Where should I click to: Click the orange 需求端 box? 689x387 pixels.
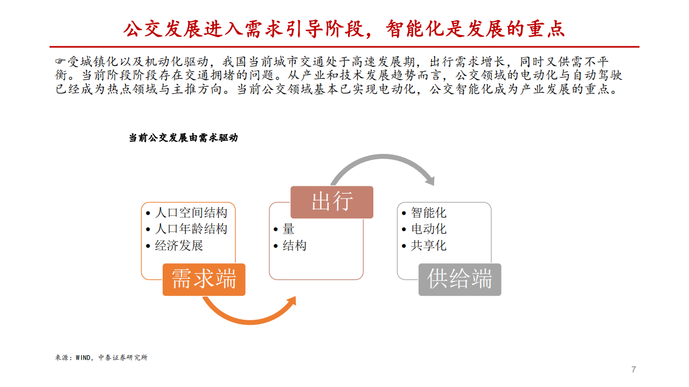(x=204, y=279)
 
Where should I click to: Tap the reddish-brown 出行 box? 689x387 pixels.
(x=332, y=202)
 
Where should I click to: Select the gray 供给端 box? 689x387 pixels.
(x=460, y=279)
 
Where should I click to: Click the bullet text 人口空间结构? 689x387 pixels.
(x=191, y=212)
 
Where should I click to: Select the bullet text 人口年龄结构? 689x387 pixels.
(x=191, y=229)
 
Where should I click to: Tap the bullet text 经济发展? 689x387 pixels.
(x=179, y=245)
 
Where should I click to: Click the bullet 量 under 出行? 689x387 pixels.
(x=289, y=229)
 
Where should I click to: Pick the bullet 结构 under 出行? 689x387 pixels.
(x=295, y=245)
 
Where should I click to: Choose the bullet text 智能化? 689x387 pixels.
(x=429, y=212)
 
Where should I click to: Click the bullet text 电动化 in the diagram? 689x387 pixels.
(x=429, y=229)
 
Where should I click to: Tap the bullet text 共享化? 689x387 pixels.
(x=429, y=245)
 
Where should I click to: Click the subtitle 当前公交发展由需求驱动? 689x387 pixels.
(x=183, y=138)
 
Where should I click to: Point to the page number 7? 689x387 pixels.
(x=634, y=370)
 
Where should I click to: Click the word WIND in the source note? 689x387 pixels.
(x=83, y=357)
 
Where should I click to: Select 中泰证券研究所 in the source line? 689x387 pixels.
(x=123, y=357)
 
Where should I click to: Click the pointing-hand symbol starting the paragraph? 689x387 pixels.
(x=61, y=62)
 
